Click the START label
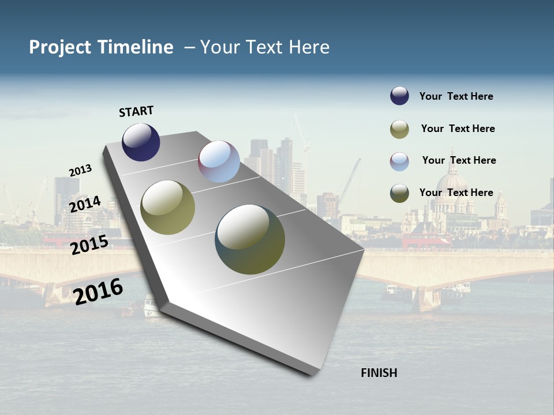coord(136,111)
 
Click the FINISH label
coord(379,373)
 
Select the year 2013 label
coord(81,171)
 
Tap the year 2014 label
coord(85,204)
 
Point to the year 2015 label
coord(89,245)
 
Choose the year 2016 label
coord(98,291)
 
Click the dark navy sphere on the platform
coord(141,142)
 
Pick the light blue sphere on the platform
coord(219,161)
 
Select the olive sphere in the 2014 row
coord(168,207)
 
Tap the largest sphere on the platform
coord(250,239)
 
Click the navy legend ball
coord(399,96)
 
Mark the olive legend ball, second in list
coord(399,129)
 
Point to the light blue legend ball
coord(399,161)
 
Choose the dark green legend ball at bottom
coord(399,193)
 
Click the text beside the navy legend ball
coord(456,96)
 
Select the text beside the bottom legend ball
coord(456,193)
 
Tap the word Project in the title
coord(61,47)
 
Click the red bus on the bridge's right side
coord(426,242)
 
